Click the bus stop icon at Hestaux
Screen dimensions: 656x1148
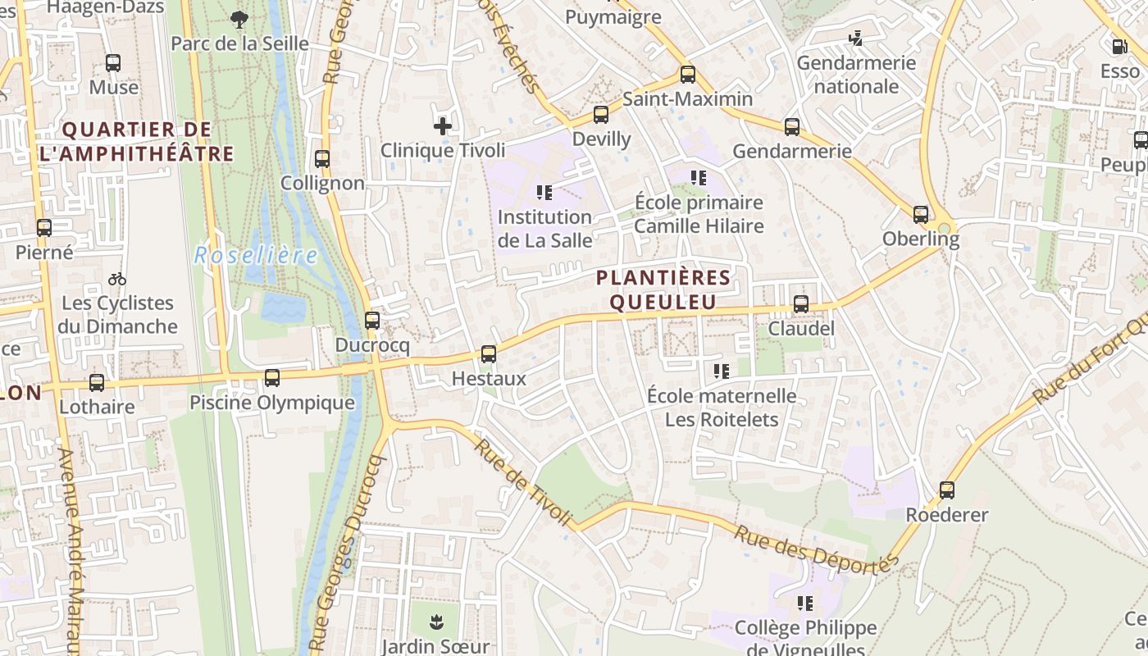point(489,354)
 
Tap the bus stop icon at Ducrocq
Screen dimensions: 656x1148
point(372,321)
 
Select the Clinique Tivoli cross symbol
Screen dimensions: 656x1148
point(443,126)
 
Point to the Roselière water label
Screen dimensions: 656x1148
point(256,256)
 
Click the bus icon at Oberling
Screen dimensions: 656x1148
point(921,215)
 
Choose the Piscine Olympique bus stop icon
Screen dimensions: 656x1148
point(272,378)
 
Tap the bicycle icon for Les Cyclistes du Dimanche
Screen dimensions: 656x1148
point(117,279)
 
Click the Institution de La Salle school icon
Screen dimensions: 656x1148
point(544,194)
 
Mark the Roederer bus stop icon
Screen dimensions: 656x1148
point(947,490)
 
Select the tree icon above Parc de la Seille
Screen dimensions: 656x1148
point(239,19)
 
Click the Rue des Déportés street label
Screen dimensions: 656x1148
point(816,550)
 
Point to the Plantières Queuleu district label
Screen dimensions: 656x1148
point(663,289)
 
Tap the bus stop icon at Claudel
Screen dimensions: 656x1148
point(801,304)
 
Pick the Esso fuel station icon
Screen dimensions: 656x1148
point(1119,47)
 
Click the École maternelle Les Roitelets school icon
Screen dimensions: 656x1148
point(722,371)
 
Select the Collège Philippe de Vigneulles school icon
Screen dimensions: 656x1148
point(805,604)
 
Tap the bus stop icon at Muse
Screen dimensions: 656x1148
point(113,62)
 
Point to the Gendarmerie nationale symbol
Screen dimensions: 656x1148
point(856,38)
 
